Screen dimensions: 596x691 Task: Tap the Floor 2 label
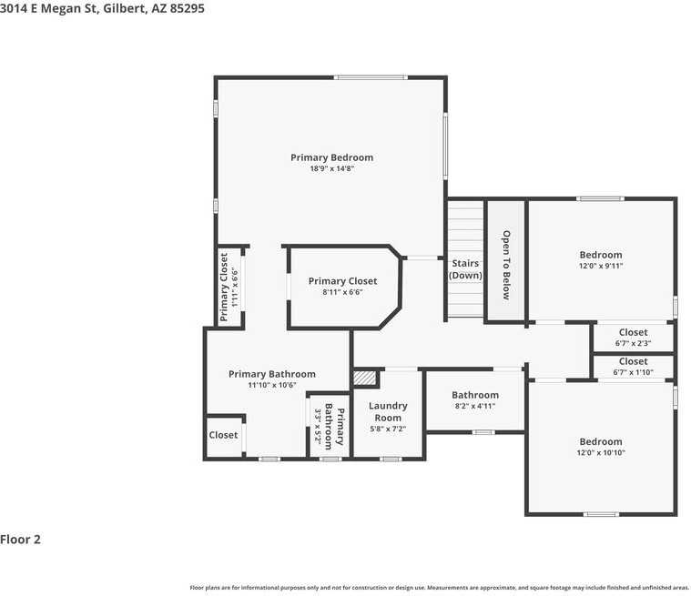[21, 540]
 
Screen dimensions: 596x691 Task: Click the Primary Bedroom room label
[331, 157]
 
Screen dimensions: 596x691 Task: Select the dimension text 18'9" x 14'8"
[331, 168]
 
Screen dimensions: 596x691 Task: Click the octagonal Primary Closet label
[342, 281]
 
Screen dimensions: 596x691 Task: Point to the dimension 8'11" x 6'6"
[342, 292]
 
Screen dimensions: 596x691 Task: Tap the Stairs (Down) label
[465, 269]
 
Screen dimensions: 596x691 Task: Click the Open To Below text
[507, 265]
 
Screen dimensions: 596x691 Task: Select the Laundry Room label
[388, 412]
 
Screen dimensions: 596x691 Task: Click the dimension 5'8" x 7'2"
[388, 429]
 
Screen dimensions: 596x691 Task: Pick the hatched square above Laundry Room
[365, 378]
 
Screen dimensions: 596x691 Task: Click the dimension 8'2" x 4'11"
[475, 407]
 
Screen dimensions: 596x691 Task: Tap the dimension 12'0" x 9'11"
[601, 266]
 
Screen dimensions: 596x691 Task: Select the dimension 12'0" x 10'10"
[601, 452]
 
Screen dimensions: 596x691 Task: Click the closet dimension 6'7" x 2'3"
[633, 343]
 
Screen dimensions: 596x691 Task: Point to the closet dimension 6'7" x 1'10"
[633, 372]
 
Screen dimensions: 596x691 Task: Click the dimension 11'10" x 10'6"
[271, 385]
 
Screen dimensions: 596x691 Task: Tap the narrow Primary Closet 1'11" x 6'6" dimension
[235, 287]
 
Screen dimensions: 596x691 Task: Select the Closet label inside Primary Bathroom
[223, 435]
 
